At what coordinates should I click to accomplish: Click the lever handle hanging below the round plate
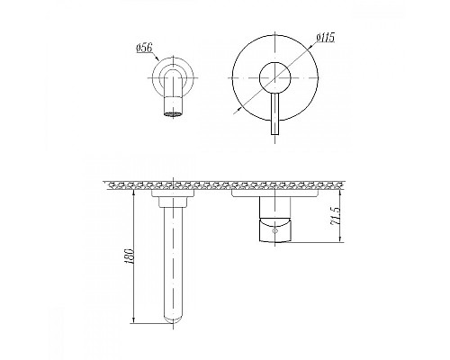(274, 114)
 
